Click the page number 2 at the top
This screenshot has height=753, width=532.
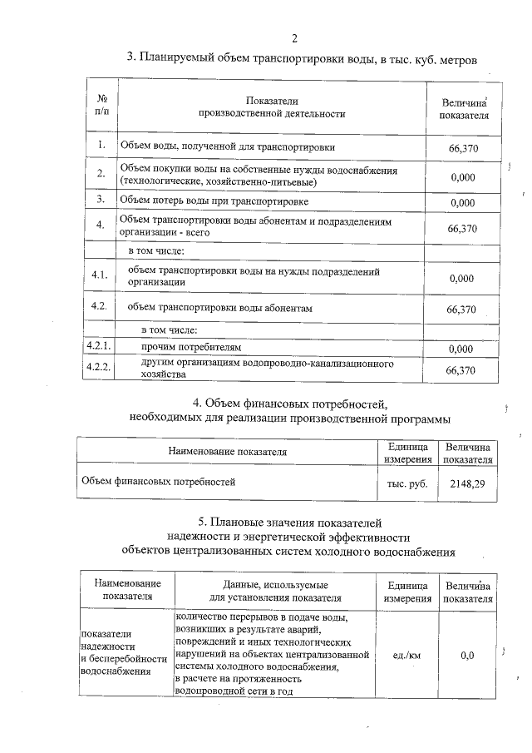[295, 37]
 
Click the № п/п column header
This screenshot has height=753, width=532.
[101, 106]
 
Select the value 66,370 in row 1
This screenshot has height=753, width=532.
[461, 148]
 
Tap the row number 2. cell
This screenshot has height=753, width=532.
[101, 174]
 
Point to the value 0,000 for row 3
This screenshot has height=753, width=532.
[461, 202]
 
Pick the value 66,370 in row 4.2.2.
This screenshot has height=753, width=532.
[461, 371]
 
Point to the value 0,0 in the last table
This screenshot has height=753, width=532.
[467, 655]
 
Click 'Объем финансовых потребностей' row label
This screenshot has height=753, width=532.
[158, 481]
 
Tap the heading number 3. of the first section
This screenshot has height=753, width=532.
[131, 58]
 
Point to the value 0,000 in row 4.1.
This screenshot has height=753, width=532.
[461, 279]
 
